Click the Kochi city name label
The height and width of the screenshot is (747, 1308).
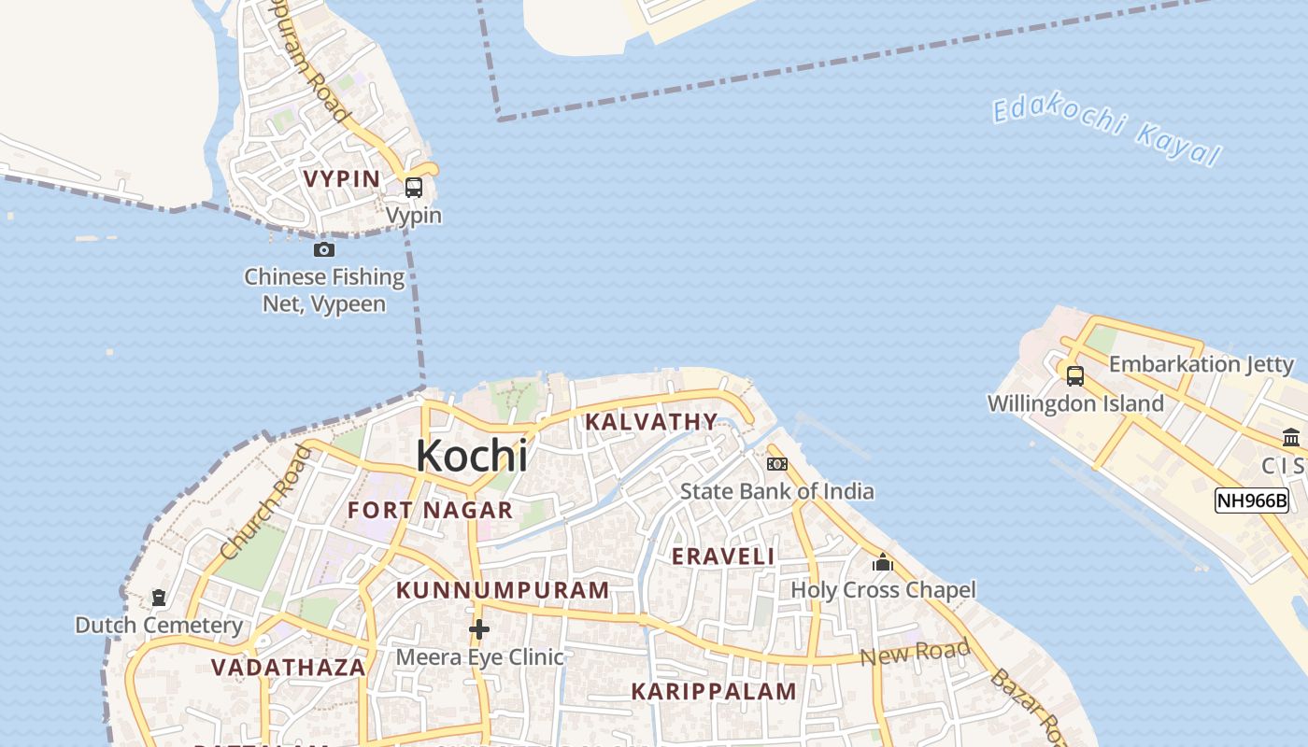tap(472, 456)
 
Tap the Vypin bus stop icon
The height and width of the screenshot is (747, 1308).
tap(413, 188)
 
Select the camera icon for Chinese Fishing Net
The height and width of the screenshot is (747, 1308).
tap(324, 249)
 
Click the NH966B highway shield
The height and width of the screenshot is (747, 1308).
tap(1252, 500)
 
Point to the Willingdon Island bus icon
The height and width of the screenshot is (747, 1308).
tap(1075, 376)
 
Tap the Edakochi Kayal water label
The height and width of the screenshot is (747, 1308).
tap(1106, 131)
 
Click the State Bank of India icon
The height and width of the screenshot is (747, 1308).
tap(776, 464)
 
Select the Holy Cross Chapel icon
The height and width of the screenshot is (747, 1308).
tap(883, 562)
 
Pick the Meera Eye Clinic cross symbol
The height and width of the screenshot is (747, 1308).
tap(479, 629)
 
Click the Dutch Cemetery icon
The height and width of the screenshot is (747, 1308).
tap(159, 598)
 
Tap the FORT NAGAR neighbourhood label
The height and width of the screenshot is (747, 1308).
tap(430, 510)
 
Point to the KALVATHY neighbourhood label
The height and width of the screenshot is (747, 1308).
tap(651, 421)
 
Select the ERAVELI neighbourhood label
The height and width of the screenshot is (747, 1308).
tap(723, 557)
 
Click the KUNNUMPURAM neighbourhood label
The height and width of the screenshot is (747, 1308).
tap(503, 590)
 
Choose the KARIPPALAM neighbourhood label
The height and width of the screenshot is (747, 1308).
tap(714, 691)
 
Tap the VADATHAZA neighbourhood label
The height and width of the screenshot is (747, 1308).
tap(288, 668)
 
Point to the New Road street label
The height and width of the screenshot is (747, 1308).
tap(915, 653)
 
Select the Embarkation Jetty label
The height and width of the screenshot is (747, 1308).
tap(1201, 364)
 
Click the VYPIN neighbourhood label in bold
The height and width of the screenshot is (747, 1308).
tap(342, 178)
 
